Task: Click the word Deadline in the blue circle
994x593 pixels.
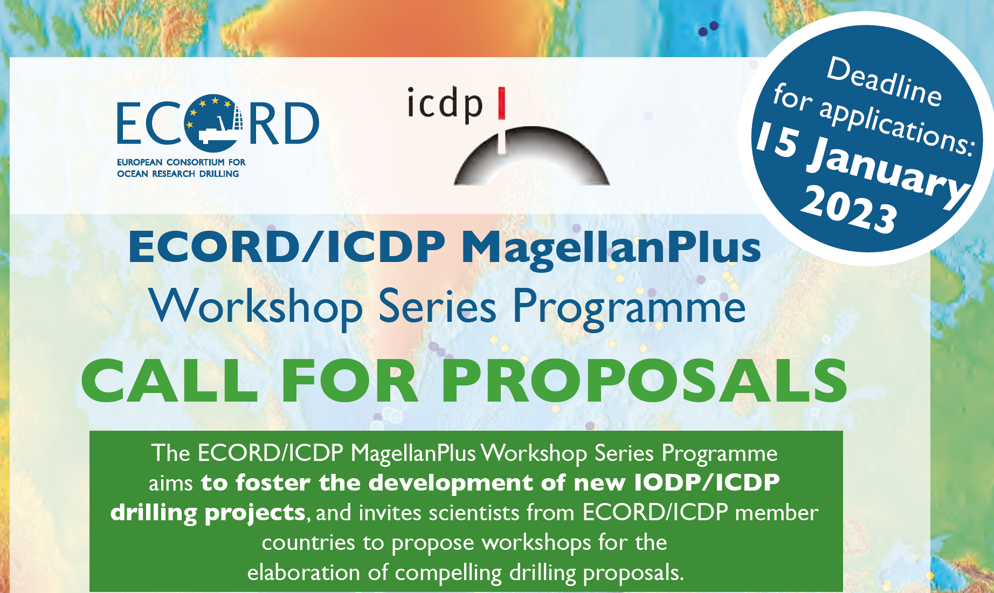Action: pyautogui.click(x=885, y=81)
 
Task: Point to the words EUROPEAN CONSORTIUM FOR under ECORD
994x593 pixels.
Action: pyautogui.click(x=181, y=162)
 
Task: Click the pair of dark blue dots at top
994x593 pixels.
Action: pyautogui.click(x=708, y=29)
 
